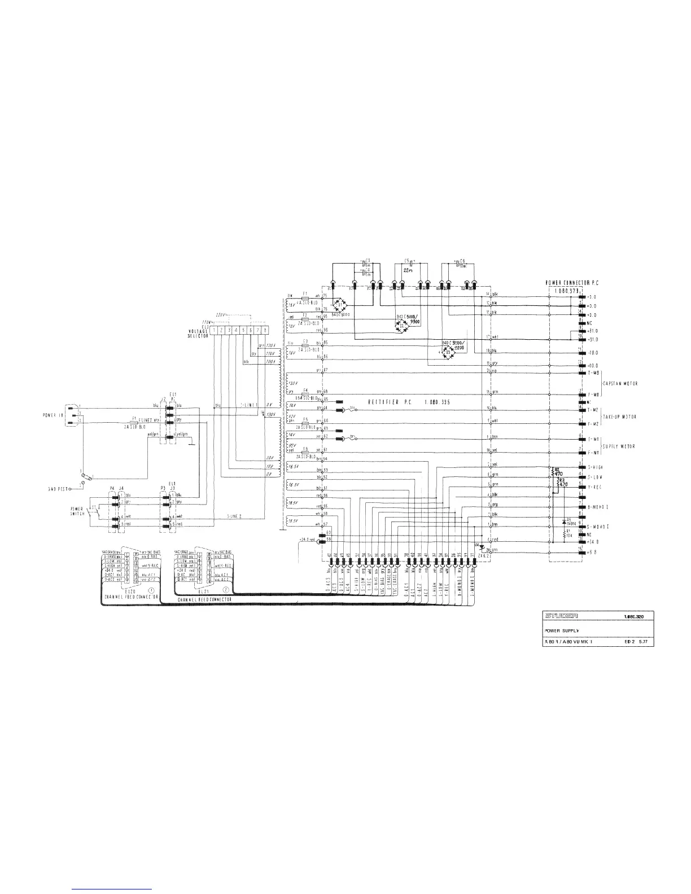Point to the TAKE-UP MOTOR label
pos(621,417)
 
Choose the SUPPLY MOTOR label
pos(620,446)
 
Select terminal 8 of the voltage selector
pos(265,329)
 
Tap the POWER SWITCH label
pos(76,511)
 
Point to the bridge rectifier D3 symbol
pos(449,351)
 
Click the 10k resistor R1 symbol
pos(564,532)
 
